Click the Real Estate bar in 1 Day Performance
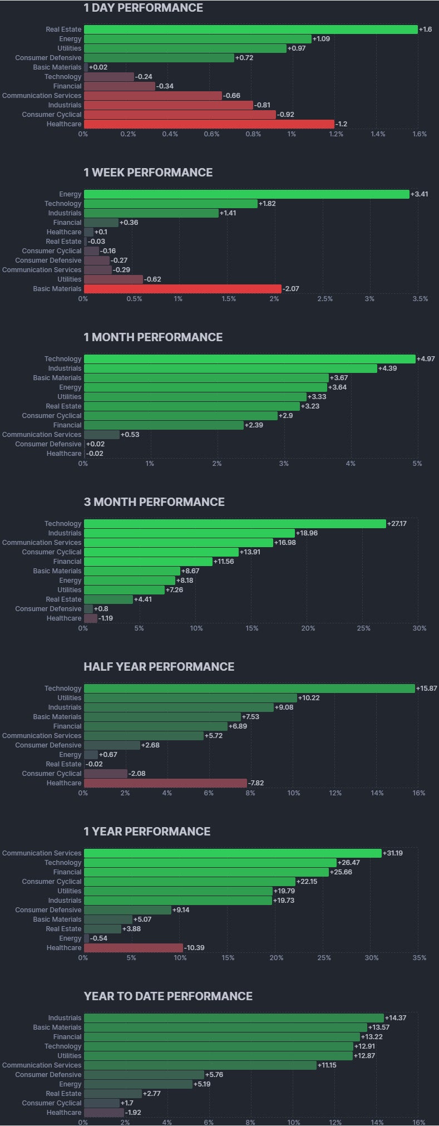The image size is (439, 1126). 250,29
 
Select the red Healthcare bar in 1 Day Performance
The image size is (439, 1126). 209,124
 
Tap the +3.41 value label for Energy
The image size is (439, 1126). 420,194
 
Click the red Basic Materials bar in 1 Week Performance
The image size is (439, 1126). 182,289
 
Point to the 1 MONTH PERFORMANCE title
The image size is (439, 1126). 153,337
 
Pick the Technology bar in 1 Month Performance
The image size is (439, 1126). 249,359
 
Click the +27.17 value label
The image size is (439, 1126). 398,524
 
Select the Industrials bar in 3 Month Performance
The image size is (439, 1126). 189,533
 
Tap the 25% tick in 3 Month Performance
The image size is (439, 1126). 363,628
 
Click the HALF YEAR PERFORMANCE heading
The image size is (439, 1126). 159,667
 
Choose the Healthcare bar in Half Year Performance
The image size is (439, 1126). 165,783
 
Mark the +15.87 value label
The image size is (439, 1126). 427,689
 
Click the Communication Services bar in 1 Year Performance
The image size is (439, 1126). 233,853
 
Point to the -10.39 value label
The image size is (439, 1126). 194,948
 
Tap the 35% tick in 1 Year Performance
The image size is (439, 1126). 420,958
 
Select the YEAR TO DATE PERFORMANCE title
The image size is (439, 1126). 168,996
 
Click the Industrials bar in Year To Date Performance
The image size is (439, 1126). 234,1018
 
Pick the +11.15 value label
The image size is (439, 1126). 327,1065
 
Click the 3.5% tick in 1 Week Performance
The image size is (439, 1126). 420,299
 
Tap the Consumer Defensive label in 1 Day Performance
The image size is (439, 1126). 48,58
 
